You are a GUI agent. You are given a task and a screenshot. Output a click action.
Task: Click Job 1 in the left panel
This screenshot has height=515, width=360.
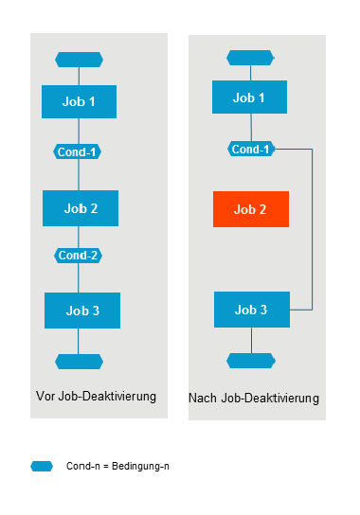[80, 101]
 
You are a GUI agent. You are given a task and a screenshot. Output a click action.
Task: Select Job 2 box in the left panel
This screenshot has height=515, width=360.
[81, 207]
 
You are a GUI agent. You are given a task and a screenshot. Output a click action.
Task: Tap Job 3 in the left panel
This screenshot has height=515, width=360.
[82, 310]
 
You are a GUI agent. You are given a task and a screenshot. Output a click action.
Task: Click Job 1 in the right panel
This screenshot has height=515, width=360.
[249, 98]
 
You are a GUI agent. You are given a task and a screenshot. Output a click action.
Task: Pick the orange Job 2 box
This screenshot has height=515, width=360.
[251, 209]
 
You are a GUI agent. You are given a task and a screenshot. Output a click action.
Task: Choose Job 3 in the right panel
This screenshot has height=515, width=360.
[251, 310]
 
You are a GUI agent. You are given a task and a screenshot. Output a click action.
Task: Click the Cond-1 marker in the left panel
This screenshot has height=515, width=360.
[79, 151]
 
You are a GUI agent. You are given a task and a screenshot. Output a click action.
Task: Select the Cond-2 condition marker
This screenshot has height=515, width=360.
[79, 256]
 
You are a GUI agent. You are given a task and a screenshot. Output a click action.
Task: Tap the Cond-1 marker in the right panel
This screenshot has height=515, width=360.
[251, 149]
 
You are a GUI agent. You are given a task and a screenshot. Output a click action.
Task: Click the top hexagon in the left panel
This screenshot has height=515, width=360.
[80, 60]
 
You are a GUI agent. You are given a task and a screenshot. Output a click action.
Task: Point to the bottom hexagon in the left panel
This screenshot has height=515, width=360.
[80, 361]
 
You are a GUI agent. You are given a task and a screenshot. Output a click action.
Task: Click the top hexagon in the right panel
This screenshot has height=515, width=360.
[250, 58]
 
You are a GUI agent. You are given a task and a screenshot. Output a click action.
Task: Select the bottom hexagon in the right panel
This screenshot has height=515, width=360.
[251, 361]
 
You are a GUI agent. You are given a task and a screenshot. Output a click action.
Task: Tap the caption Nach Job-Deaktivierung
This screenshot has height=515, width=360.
[254, 398]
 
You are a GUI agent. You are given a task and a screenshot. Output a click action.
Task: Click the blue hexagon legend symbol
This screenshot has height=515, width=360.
[42, 466]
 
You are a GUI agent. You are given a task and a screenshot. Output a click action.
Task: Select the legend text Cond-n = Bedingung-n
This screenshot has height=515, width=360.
[117, 466]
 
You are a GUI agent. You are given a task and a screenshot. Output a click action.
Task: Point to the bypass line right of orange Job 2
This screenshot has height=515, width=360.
[312, 227]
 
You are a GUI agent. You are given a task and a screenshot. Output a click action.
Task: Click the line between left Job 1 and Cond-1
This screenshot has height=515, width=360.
[79, 132]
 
